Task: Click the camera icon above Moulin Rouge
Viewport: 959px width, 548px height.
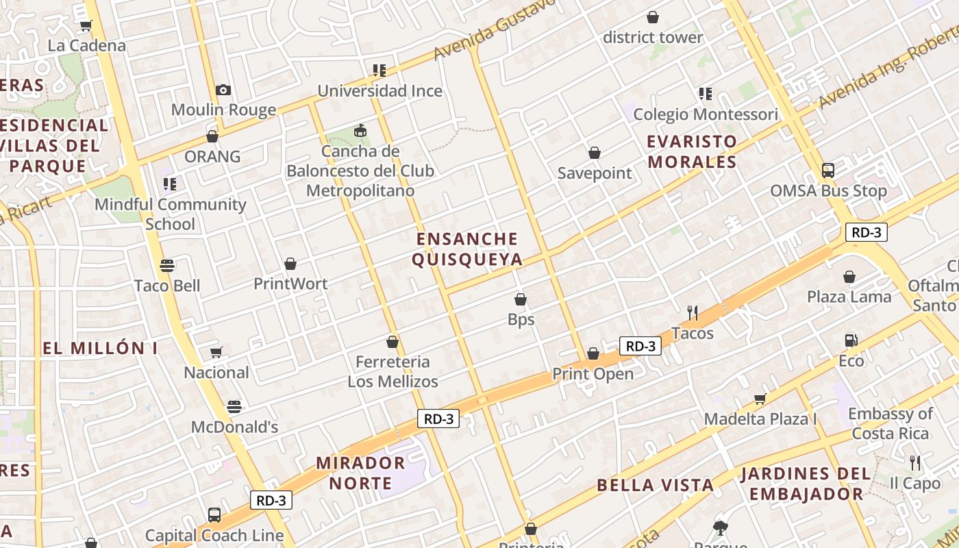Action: [x=223, y=90]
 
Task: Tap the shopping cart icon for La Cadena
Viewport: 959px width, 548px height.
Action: [x=86, y=26]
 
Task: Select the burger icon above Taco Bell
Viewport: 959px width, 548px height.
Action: [x=167, y=265]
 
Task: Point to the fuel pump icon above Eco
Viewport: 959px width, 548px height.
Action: [x=851, y=340]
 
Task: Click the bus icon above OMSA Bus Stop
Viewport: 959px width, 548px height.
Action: [x=828, y=171]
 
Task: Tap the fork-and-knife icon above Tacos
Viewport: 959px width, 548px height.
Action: [x=693, y=313]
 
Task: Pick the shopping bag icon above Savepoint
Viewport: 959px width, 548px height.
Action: [x=594, y=153]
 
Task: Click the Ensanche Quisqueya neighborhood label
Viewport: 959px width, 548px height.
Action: [x=469, y=249]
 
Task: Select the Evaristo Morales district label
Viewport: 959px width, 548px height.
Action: [x=692, y=151]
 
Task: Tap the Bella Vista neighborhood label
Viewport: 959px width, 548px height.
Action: [x=655, y=485]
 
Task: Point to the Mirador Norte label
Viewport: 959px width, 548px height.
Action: [x=360, y=473]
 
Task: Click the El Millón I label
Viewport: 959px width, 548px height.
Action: [x=100, y=348]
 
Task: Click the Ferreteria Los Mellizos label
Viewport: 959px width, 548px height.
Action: [x=393, y=371]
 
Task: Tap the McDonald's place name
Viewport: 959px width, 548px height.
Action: [x=234, y=427]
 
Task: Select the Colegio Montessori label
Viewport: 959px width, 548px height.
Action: [x=705, y=114]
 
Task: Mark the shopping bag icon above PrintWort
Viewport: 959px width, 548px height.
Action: [x=290, y=264]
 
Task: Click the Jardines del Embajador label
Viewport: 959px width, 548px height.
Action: [x=806, y=483]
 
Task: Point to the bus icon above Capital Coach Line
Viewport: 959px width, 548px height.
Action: [x=214, y=514]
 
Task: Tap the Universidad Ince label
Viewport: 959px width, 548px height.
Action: [x=379, y=90]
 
